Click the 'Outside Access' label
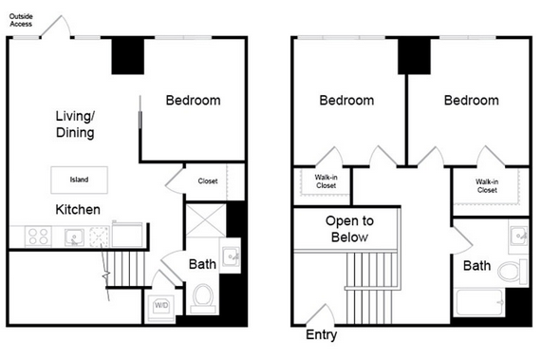(x=21, y=20)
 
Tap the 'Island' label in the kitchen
(x=79, y=180)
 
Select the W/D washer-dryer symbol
(x=161, y=306)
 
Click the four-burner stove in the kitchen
(x=39, y=237)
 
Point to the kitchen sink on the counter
(x=74, y=237)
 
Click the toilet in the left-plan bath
(x=203, y=298)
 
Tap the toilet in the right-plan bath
(x=513, y=272)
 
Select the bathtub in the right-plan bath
(x=479, y=302)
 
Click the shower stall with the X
(x=206, y=220)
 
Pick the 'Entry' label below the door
(x=321, y=334)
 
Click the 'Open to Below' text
(x=349, y=229)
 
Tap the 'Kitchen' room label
(x=78, y=210)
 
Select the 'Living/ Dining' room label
(x=75, y=124)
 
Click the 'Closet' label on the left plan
(x=208, y=181)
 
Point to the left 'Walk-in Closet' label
(x=326, y=181)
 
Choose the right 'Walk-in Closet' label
(x=487, y=186)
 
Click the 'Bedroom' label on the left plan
(x=194, y=101)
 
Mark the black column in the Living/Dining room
(x=128, y=56)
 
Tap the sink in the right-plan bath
(x=518, y=236)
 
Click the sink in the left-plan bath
(x=230, y=256)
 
